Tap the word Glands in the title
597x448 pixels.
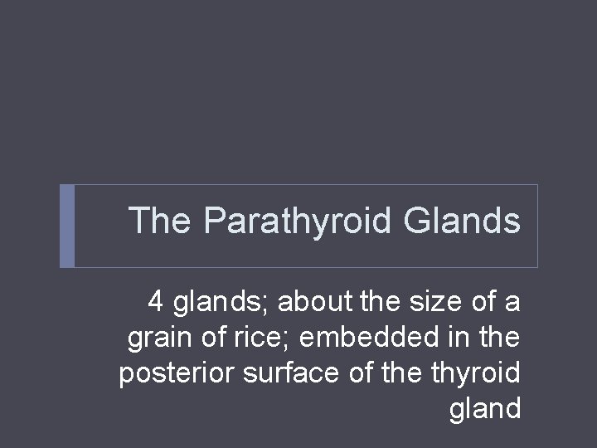coord(462,222)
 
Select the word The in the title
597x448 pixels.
coord(161,222)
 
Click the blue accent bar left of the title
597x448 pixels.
coord(67,226)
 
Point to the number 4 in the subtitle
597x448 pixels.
coord(156,302)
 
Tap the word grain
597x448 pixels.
coord(157,338)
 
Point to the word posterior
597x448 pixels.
coord(177,373)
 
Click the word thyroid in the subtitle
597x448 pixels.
coord(476,373)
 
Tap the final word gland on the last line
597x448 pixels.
coord(485,409)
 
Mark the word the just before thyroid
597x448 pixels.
coord(406,373)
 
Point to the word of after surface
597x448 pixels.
coord(362,373)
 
